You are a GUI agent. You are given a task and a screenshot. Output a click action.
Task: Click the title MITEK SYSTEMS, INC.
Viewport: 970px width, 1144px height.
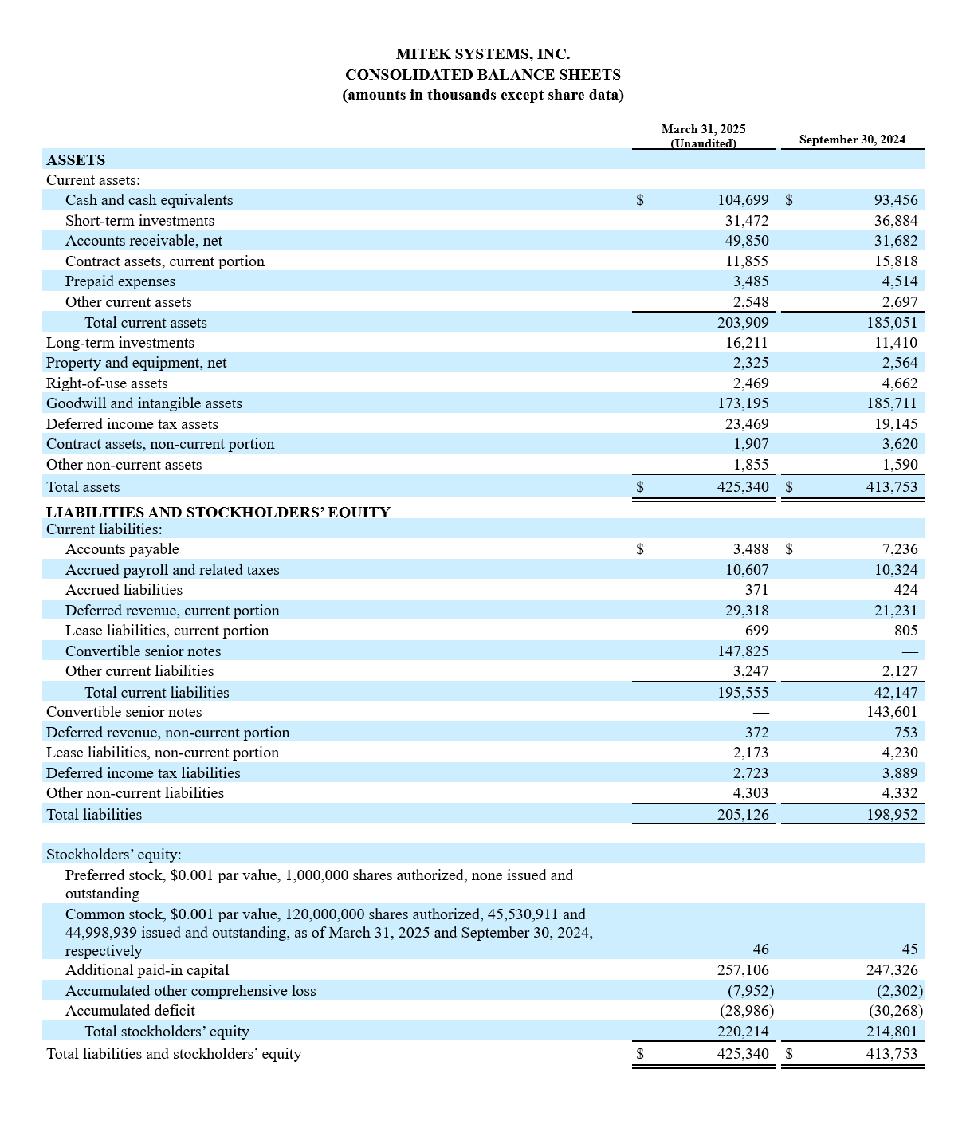click(x=482, y=54)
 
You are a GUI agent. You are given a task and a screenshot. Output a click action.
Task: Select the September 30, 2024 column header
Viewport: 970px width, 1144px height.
click(x=852, y=140)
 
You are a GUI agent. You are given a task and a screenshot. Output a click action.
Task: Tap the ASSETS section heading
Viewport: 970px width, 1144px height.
click(x=76, y=160)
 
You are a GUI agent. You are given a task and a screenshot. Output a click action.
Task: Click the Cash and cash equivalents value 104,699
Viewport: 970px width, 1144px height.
click(x=743, y=200)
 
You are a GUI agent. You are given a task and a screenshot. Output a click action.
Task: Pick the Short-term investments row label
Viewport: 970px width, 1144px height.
click(x=139, y=221)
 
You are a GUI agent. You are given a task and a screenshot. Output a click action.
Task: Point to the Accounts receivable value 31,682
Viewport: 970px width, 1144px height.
click(x=895, y=241)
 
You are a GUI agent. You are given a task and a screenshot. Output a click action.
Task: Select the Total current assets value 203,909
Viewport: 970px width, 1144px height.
click(x=743, y=323)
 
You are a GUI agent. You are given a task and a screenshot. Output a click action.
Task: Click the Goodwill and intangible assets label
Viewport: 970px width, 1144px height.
click(x=144, y=403)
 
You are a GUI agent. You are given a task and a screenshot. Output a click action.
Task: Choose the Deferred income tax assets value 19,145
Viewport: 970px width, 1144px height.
click(x=895, y=424)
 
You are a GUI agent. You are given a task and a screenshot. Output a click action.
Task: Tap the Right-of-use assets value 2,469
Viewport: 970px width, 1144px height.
click(x=751, y=383)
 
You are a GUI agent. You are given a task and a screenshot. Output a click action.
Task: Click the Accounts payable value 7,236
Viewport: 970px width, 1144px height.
click(x=900, y=549)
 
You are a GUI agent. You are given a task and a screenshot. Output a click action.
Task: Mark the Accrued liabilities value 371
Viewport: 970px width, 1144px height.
click(x=756, y=590)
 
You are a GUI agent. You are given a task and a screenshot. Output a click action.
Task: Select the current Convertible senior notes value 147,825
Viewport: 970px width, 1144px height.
click(x=743, y=651)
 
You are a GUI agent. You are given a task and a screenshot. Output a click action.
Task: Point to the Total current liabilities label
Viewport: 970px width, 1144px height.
click(x=157, y=693)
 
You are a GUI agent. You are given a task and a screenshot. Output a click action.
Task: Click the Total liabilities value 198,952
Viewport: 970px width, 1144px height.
click(x=892, y=815)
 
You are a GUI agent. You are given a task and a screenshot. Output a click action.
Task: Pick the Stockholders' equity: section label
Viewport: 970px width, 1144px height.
click(x=114, y=855)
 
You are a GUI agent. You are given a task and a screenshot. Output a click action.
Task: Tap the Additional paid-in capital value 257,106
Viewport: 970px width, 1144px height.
click(x=743, y=970)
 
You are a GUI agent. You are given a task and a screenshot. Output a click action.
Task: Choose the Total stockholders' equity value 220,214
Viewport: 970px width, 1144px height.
click(x=743, y=1032)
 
